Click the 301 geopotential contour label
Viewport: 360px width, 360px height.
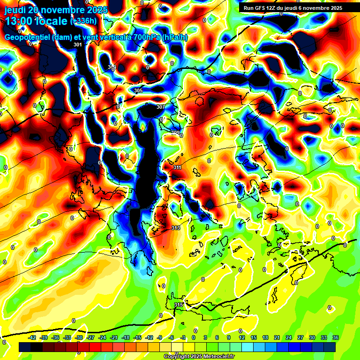coord(78,45)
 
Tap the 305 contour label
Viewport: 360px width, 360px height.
coord(138,90)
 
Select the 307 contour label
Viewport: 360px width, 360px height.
coord(160,107)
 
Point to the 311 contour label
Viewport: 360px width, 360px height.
coord(177,167)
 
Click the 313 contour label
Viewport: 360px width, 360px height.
coord(175,228)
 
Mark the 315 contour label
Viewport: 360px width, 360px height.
coord(178,305)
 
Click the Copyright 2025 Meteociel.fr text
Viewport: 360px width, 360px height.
coord(199,357)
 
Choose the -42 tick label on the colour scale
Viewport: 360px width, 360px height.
coord(32,337)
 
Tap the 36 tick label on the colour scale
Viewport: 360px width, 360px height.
coord(335,337)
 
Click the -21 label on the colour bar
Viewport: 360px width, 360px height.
coord(114,337)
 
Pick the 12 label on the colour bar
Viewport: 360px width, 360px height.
coord(241,337)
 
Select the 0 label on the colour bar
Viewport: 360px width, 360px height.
coord(194,337)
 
